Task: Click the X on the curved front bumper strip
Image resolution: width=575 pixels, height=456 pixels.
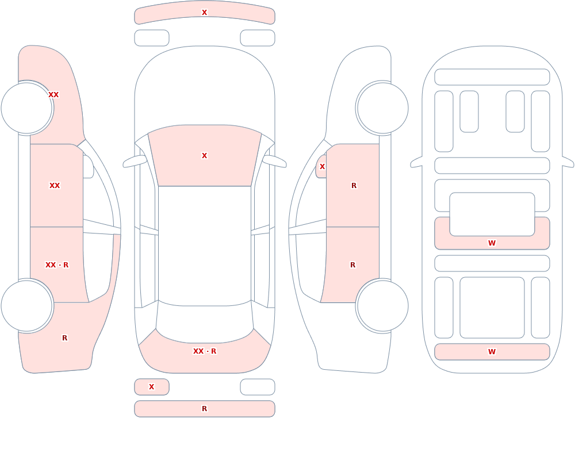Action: (x=204, y=13)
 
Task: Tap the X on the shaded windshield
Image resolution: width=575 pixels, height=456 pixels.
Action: (x=204, y=156)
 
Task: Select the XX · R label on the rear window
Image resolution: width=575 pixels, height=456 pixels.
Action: (x=205, y=351)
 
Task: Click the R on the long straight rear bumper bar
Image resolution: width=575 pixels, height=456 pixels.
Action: (x=204, y=409)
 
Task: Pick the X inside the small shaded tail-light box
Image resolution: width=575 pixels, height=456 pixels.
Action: (x=151, y=386)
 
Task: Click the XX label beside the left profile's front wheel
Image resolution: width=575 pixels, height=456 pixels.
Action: (x=53, y=95)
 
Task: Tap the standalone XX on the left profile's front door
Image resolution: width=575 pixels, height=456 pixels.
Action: (x=55, y=186)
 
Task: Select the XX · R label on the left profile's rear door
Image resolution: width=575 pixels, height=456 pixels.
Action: (x=57, y=265)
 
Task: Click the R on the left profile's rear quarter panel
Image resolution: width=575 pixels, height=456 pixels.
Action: (x=64, y=338)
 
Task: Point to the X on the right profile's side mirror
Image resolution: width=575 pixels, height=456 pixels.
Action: (x=322, y=167)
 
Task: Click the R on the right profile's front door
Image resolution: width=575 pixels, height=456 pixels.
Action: (x=354, y=186)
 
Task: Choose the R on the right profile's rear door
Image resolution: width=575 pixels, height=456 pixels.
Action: (x=353, y=265)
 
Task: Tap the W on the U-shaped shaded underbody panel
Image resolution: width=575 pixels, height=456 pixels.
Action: (x=492, y=243)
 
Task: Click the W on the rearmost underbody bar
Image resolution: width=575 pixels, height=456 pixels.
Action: (x=492, y=352)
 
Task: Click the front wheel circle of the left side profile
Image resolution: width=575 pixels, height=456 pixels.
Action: (x=27, y=108)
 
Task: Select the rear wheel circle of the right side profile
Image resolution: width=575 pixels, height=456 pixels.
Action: (x=382, y=306)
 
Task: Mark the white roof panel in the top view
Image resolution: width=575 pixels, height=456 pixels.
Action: (x=205, y=246)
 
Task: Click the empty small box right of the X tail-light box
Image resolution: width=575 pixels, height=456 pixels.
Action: (x=258, y=387)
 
